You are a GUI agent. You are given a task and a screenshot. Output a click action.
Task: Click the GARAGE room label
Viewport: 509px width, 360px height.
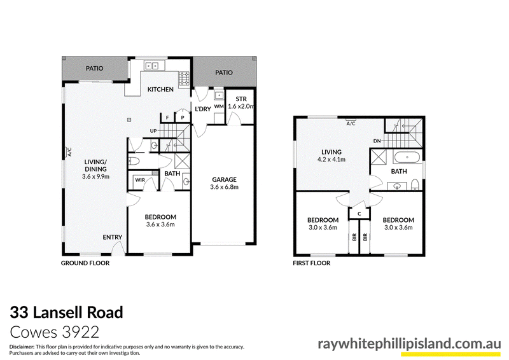(x=225, y=179)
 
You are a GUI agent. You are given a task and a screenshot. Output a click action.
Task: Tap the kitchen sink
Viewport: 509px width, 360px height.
(x=152, y=66)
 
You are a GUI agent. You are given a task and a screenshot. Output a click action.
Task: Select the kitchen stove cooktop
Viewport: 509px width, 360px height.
(x=185, y=79)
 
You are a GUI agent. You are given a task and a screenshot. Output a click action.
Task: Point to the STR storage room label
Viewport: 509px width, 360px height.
(x=241, y=99)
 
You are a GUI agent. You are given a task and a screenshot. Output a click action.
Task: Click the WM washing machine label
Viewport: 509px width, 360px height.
(x=219, y=106)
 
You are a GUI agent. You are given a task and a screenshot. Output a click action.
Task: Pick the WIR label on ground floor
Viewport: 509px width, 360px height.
(x=140, y=180)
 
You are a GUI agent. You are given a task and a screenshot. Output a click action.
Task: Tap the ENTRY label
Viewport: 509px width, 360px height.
(x=113, y=237)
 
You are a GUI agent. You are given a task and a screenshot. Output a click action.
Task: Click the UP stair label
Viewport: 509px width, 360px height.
(x=153, y=131)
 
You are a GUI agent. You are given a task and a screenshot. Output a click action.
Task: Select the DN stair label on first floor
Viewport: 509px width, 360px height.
(x=377, y=141)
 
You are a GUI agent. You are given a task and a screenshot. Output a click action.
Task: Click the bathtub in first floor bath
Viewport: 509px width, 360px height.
(x=407, y=158)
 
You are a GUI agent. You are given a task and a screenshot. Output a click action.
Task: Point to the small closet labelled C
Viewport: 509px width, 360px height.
(x=359, y=214)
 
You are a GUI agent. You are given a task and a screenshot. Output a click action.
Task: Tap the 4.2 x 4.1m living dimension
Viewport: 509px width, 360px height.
(x=331, y=160)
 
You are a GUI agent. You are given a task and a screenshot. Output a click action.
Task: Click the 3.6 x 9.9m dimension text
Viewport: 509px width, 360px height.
(x=96, y=177)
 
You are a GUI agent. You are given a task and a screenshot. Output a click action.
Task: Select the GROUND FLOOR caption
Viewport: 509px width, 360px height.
(x=85, y=263)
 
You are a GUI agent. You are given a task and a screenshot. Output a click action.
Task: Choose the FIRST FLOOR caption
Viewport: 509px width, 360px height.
(x=312, y=263)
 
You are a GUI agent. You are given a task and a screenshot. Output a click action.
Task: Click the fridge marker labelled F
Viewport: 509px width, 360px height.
(x=167, y=118)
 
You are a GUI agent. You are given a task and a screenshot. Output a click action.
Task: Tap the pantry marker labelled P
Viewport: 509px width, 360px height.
(x=183, y=118)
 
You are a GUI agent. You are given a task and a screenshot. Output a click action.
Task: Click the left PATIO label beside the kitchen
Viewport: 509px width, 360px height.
(x=94, y=68)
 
